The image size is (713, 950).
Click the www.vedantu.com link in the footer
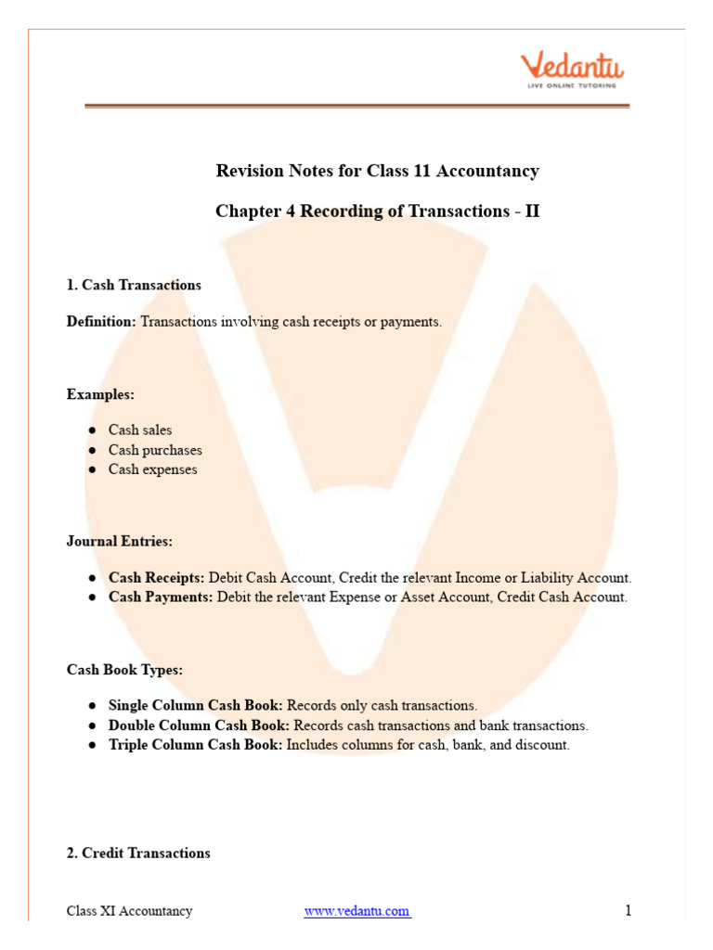click(356, 911)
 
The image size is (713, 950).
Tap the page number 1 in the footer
click(628, 911)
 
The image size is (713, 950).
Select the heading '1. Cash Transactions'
click(134, 285)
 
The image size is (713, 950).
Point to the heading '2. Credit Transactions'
click(138, 853)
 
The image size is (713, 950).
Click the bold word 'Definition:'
click(101, 321)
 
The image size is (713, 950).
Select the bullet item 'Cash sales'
click(140, 430)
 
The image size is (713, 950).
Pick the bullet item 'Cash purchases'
click(155, 450)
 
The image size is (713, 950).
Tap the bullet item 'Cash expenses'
click(152, 469)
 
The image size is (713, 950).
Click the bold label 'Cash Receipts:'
click(156, 577)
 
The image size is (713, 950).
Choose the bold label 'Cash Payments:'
click(161, 597)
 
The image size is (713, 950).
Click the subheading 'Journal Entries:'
click(119, 541)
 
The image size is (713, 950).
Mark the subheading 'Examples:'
click(100, 394)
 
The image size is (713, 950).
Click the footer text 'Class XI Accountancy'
click(129, 911)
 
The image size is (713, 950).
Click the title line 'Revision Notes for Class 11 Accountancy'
click(377, 171)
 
